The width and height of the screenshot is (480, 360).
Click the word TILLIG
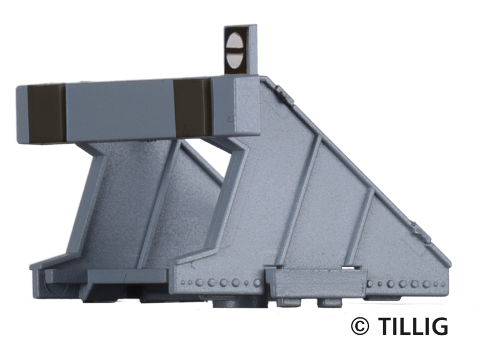(413, 326)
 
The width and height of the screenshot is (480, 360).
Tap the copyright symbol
(360, 326)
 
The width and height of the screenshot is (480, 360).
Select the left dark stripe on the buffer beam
(47, 113)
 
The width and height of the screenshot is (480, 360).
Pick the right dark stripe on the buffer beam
(193, 107)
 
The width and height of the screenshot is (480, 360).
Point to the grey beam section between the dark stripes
(119, 110)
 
